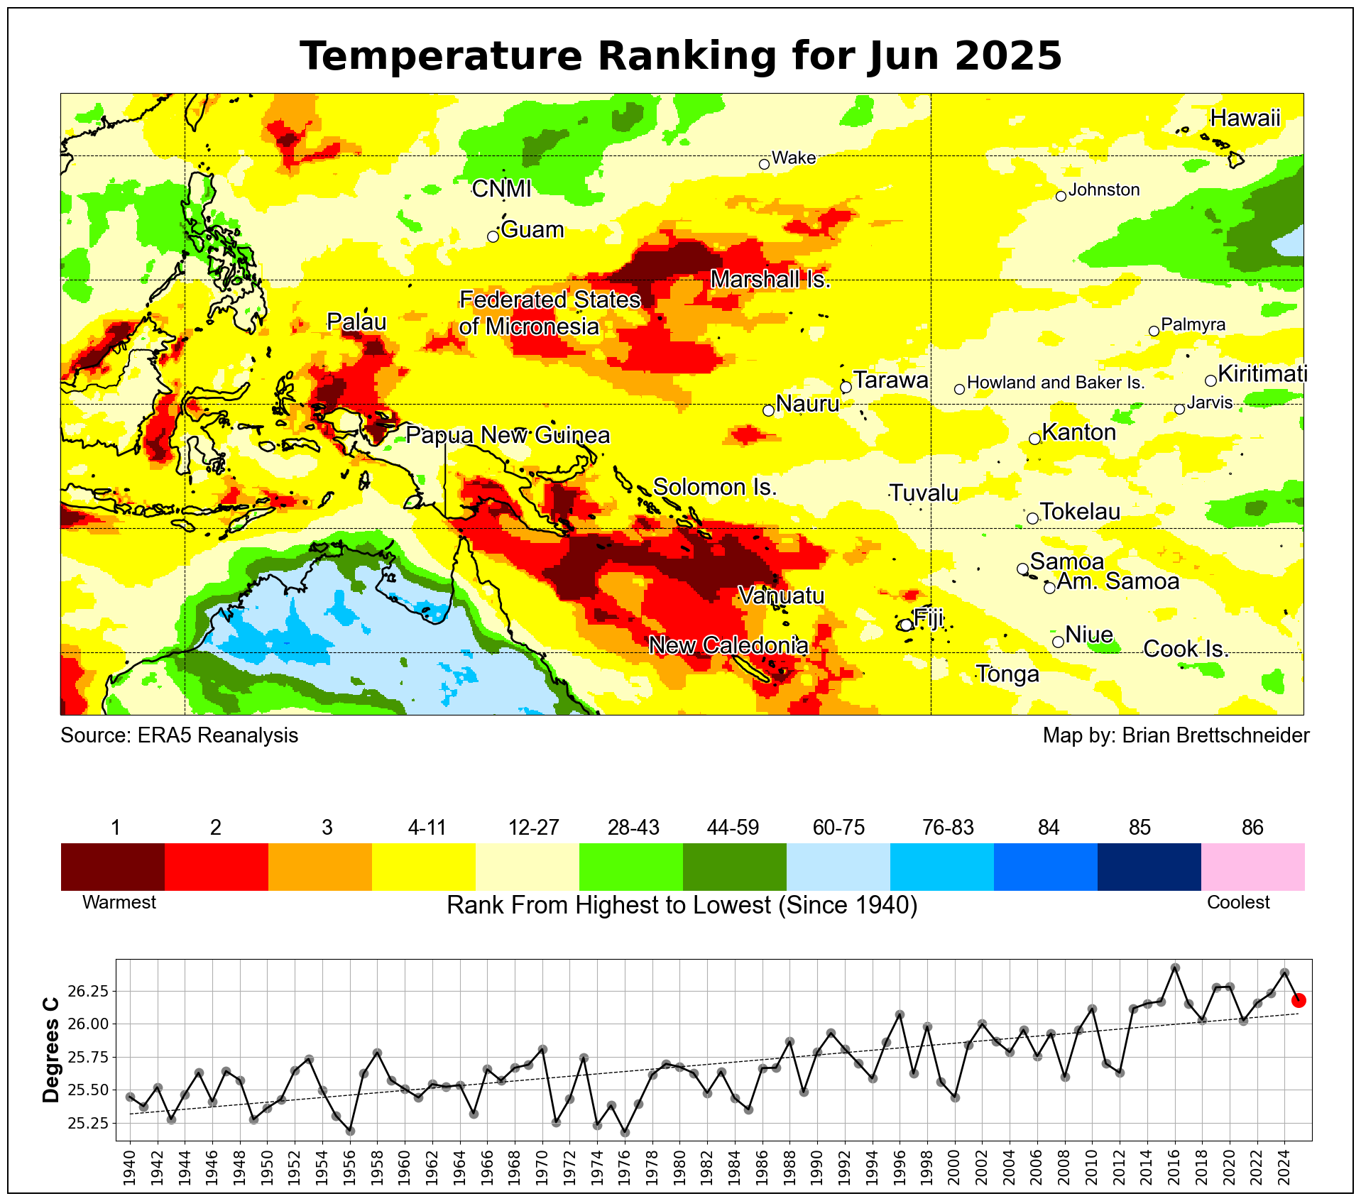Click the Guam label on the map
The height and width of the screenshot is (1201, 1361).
[532, 230]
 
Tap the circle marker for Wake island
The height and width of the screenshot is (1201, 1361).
[764, 164]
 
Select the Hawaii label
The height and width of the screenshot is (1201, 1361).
[1245, 118]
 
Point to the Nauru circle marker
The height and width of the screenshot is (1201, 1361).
[768, 410]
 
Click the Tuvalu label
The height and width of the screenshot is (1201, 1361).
[924, 493]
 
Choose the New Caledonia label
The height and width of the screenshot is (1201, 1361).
[728, 645]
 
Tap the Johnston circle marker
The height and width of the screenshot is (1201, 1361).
[1061, 196]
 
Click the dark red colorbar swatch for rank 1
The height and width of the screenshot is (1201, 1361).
[113, 866]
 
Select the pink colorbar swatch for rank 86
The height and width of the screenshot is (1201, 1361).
[1252, 866]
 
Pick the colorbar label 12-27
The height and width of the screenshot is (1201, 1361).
[533, 828]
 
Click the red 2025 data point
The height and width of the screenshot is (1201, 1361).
[1299, 1000]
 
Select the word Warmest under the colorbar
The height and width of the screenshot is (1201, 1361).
[119, 902]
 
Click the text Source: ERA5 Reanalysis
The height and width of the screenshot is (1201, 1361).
[179, 735]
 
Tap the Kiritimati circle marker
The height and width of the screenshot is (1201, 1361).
[1210, 380]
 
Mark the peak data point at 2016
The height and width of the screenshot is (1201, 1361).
[1175, 967]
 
